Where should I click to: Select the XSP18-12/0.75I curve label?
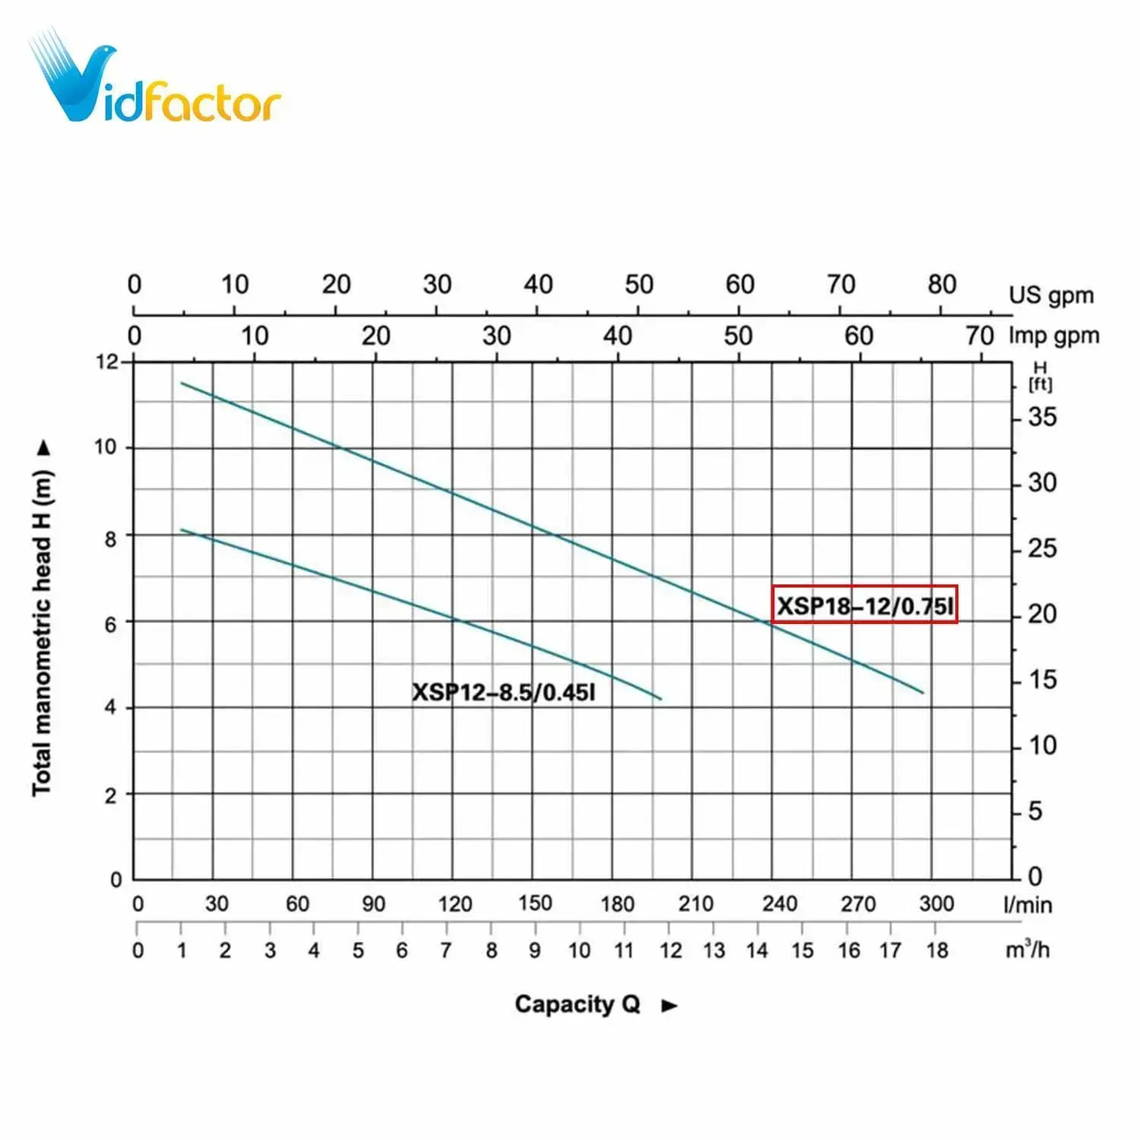(x=864, y=606)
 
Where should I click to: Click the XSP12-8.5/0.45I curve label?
(x=503, y=692)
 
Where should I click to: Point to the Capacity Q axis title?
(x=578, y=1004)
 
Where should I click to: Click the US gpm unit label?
(x=1050, y=295)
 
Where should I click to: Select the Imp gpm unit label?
(x=1053, y=335)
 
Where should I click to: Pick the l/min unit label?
(x=1028, y=904)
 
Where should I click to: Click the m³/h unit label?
(x=1027, y=949)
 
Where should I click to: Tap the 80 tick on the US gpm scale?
(x=942, y=285)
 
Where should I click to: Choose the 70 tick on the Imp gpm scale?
(x=980, y=335)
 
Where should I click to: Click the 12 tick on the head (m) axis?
(x=107, y=362)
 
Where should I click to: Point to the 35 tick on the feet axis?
(x=1042, y=417)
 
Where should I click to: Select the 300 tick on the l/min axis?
(x=936, y=904)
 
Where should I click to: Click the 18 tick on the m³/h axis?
(x=937, y=950)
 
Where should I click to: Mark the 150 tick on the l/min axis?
(x=535, y=903)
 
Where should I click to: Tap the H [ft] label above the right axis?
(x=1040, y=377)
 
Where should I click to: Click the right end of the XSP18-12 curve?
(x=923, y=692)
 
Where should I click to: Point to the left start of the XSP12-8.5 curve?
(x=182, y=530)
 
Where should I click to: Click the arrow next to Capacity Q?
(x=669, y=1005)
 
